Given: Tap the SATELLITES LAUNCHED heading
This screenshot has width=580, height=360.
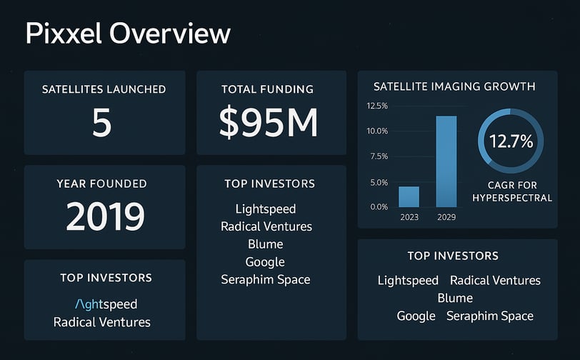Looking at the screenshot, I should coord(104,89).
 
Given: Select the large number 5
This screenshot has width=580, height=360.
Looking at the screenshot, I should coord(102,122).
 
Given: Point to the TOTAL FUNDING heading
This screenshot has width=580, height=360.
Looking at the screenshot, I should coord(268,89).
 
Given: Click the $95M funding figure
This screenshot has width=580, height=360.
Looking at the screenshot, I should coord(268,122).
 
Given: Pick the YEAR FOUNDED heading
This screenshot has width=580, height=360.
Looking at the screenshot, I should coord(101,184).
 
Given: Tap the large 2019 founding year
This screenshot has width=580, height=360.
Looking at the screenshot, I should coord(105,216).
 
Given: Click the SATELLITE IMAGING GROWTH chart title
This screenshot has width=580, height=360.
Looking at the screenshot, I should coord(454,86).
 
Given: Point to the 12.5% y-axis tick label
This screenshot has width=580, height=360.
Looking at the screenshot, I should coord(376,106).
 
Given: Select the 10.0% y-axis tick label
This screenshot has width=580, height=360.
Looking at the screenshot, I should coord(376,131).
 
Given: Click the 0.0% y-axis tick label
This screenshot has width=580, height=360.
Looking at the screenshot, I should coord(378,206).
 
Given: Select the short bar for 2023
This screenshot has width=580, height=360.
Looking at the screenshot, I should coord(409,196).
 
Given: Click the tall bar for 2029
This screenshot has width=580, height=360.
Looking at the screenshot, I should coord(446,161).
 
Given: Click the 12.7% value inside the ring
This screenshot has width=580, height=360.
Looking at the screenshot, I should coord(511,141).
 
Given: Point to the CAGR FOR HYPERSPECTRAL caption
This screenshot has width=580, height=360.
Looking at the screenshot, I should coord(513,191).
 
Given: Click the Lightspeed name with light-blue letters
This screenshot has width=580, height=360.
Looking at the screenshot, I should coord(106,304).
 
